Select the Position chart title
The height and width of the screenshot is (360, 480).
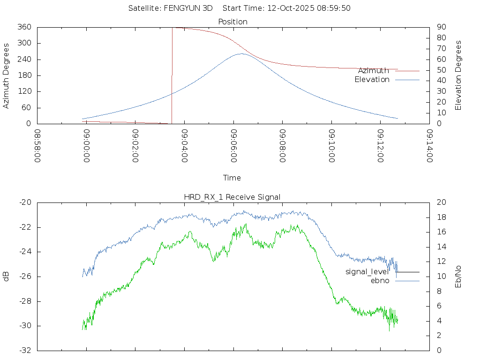point(233,22)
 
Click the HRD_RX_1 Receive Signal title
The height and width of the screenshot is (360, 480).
point(232,197)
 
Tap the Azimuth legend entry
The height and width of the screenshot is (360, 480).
point(374,71)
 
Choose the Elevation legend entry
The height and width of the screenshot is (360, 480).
point(372,80)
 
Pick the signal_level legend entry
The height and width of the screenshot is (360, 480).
point(367,272)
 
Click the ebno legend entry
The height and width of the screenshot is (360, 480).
point(380,281)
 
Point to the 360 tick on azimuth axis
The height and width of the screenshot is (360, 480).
point(24,27)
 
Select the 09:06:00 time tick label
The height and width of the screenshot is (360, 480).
point(233,146)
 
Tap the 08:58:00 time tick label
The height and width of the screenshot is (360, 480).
point(37,146)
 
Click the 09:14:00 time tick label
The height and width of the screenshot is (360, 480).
point(429,146)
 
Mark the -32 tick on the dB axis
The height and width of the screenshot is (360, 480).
point(25,350)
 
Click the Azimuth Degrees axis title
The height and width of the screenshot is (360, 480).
point(7,75)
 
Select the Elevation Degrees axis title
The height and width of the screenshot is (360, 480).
point(458,75)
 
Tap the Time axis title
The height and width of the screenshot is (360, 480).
point(232,178)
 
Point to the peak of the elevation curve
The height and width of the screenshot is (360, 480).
point(241,53)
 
